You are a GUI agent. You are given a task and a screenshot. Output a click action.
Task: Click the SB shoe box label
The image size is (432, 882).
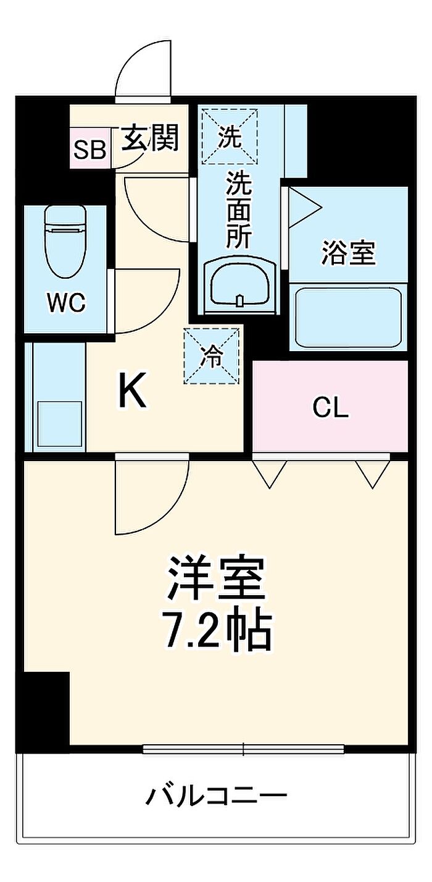coord(90,150)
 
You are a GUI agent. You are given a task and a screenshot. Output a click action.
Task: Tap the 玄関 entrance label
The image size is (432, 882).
coord(150,137)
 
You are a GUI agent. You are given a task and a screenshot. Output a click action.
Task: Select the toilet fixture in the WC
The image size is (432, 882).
coord(65,243)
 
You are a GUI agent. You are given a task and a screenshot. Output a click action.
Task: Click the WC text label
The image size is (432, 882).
coord(65,303)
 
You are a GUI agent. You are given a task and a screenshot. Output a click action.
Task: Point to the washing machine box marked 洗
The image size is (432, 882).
coord(230,136)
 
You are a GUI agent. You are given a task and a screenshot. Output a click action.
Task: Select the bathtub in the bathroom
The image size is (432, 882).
coord(348,317)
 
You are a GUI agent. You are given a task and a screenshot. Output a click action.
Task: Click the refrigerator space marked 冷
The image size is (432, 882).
coord(212,356)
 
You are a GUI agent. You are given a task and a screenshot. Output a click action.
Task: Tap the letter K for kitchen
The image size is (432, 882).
coord(133,391)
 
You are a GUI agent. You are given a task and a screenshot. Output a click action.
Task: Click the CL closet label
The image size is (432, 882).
coord(330,408)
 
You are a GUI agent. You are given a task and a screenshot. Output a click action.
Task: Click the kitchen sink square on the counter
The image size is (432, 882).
coord(59,423)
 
